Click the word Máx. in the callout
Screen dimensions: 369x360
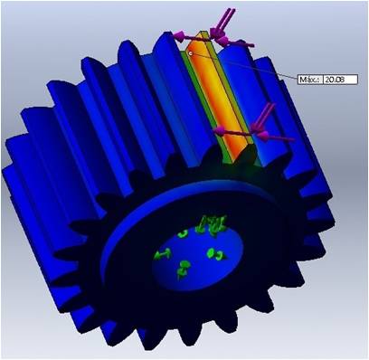(309, 80)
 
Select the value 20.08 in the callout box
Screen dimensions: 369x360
(334, 80)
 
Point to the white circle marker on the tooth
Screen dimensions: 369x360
(191, 53)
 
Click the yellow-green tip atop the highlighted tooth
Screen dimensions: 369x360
(202, 35)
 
